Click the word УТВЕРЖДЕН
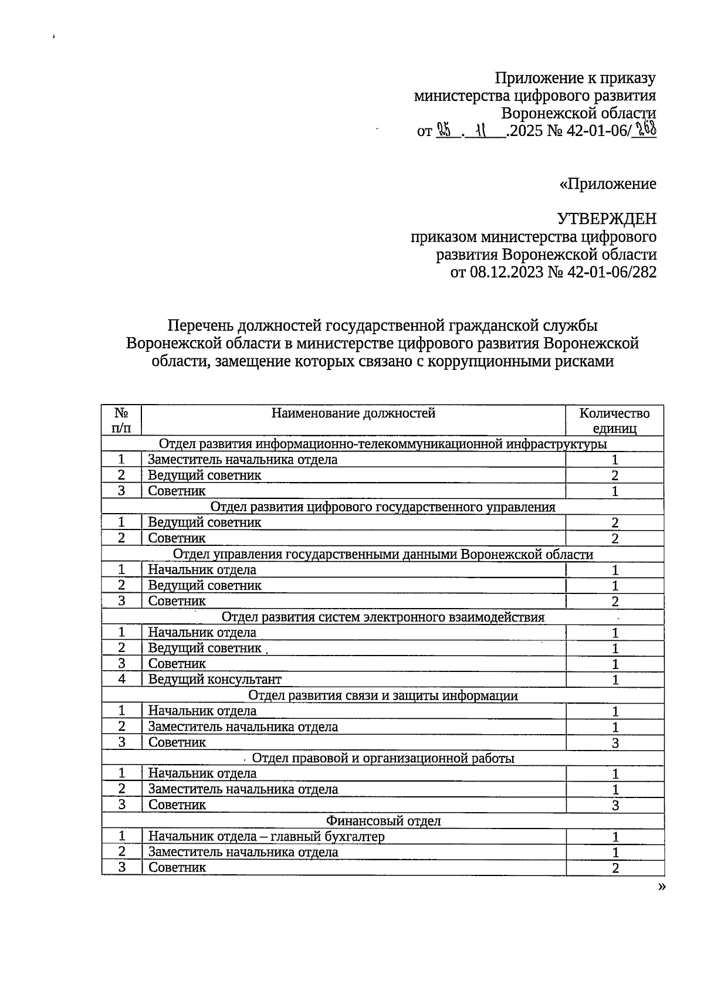pyautogui.click(x=606, y=219)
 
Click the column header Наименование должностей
pyautogui.click(x=353, y=413)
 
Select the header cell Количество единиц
pyautogui.click(x=614, y=420)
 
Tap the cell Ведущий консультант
pyautogui.click(x=215, y=680)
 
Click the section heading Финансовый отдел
pyautogui.click(x=383, y=821)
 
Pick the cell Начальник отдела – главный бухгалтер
pyautogui.click(x=266, y=837)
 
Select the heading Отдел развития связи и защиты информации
pyautogui.click(x=383, y=695)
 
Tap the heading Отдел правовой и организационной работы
pyautogui.click(x=383, y=758)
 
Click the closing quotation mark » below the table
pyautogui.click(x=662, y=886)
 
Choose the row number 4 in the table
pyautogui.click(x=121, y=679)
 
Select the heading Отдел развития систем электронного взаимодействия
pyautogui.click(x=383, y=617)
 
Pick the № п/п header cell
pyautogui.click(x=121, y=420)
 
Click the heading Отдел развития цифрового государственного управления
pyautogui.click(x=383, y=507)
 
